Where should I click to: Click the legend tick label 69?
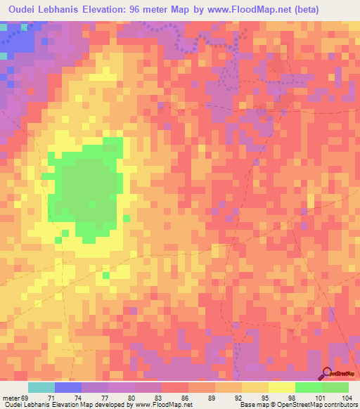(26, 397)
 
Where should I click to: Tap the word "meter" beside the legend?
(11, 397)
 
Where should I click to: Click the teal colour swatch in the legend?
(41, 387)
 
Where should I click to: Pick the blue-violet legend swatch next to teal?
(68, 387)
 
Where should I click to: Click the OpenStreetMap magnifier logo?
(327, 373)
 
